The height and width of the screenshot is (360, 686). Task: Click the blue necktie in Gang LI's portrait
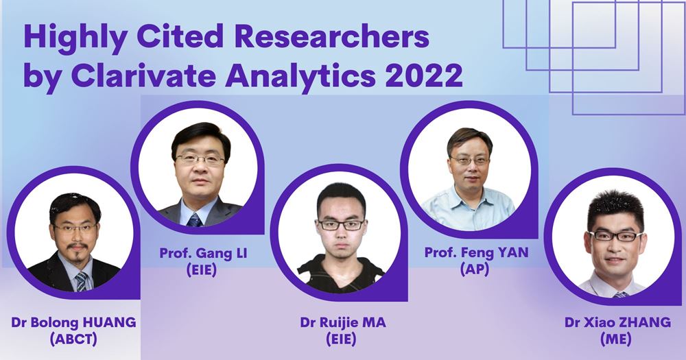(x=194, y=219)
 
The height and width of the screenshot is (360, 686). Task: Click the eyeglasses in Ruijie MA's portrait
(x=341, y=224)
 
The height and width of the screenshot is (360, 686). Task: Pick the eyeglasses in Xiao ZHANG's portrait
(x=615, y=236)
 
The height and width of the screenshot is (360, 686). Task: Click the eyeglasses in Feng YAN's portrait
(x=470, y=160)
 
